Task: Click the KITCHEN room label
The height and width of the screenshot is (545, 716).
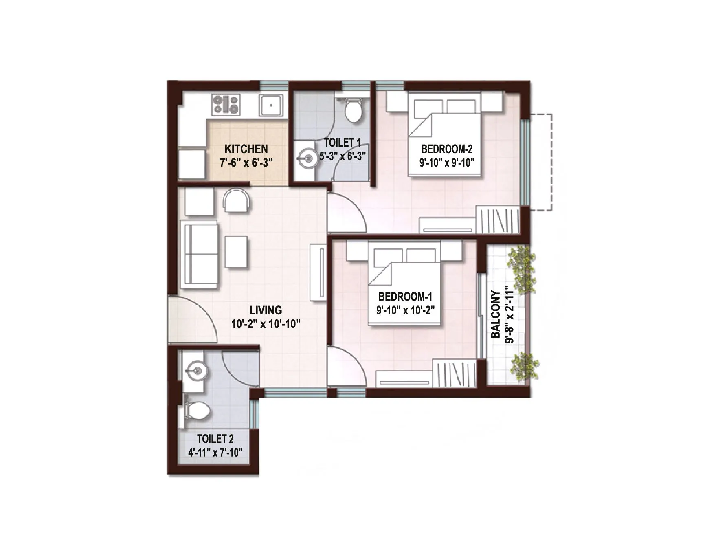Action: pos(246,149)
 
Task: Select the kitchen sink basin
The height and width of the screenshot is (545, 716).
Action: pos(271,105)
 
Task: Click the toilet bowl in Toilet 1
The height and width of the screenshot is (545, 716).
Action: pos(353,110)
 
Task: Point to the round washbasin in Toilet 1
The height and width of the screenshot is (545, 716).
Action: pos(306,157)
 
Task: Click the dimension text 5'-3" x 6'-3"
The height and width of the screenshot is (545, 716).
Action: pos(342,156)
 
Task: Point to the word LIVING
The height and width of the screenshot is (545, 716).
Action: pos(266,310)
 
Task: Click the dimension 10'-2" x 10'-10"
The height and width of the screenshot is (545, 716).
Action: pos(266,325)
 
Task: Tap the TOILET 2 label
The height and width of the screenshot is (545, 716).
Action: pos(215,439)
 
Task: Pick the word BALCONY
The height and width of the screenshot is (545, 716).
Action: pos(496,314)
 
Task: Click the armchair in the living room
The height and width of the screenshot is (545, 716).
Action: pos(237,200)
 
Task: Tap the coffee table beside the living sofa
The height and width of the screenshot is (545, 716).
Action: pos(236,252)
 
